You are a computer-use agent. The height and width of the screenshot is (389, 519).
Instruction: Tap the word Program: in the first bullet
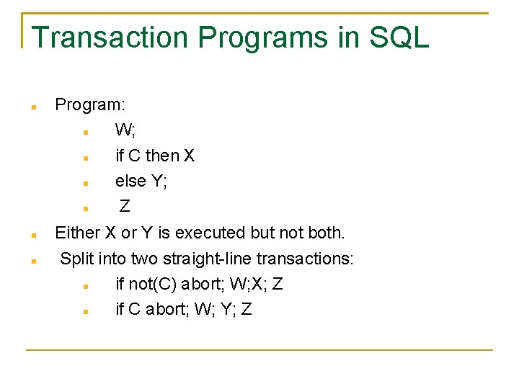[90, 105]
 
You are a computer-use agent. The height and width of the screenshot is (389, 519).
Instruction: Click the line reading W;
[125, 130]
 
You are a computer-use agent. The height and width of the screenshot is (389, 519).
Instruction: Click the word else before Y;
[130, 182]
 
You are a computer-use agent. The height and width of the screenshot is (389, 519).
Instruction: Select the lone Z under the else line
[125, 207]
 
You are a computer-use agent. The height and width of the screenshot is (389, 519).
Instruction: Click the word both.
[327, 233]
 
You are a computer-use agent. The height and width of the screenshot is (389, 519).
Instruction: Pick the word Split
[76, 259]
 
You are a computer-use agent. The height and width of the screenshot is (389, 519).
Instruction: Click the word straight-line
[206, 259]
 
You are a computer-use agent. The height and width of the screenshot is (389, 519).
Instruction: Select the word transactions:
[306, 259]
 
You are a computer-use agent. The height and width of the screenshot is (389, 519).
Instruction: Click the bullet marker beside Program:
[33, 107]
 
